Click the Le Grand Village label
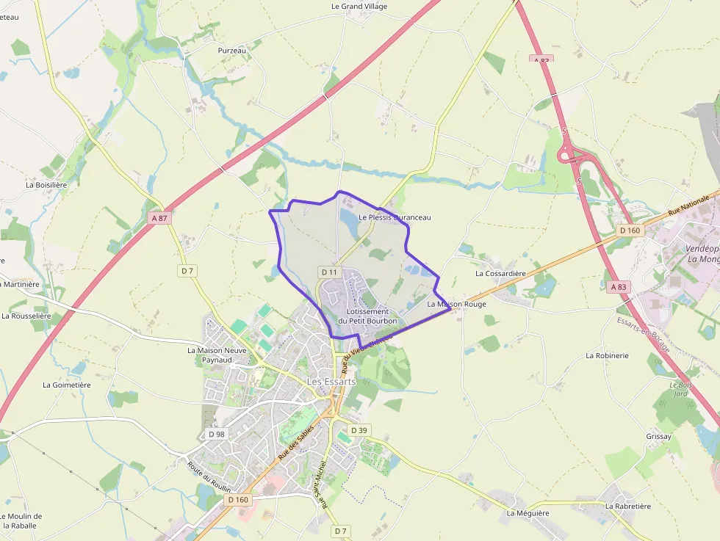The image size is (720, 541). [x=359, y=7]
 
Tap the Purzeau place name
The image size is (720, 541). [x=231, y=51]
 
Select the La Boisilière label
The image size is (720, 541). [x=46, y=185]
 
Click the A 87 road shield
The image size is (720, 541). [x=159, y=218]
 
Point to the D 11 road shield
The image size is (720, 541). [x=329, y=272]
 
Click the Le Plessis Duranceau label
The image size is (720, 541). [x=395, y=217]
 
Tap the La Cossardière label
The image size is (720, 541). [x=500, y=274]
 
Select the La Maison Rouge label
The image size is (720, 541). [x=456, y=304]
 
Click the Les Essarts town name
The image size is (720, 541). [x=331, y=382]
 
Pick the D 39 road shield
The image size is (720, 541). [x=359, y=430]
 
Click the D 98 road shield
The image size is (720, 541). [x=216, y=434]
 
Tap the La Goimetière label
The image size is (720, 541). [x=67, y=385]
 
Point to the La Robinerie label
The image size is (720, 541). [x=607, y=355]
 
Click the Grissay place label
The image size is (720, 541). [x=659, y=437]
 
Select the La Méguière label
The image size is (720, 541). [x=528, y=513]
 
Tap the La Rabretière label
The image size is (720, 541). [x=629, y=506]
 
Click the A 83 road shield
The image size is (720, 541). [x=619, y=287]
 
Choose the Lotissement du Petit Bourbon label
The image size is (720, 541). [x=367, y=316]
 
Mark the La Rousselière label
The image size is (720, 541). [x=26, y=316]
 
